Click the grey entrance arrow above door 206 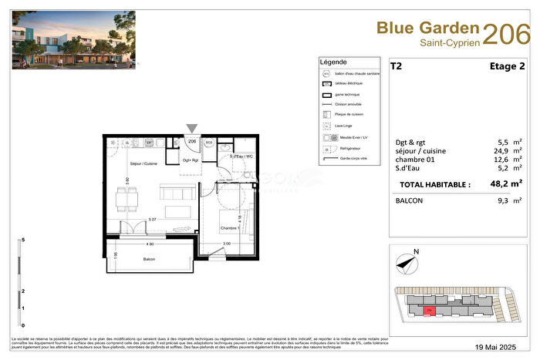point(192,129)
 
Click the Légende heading point(333,62)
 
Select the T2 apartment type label point(396,67)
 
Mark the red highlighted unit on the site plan point(429,310)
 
